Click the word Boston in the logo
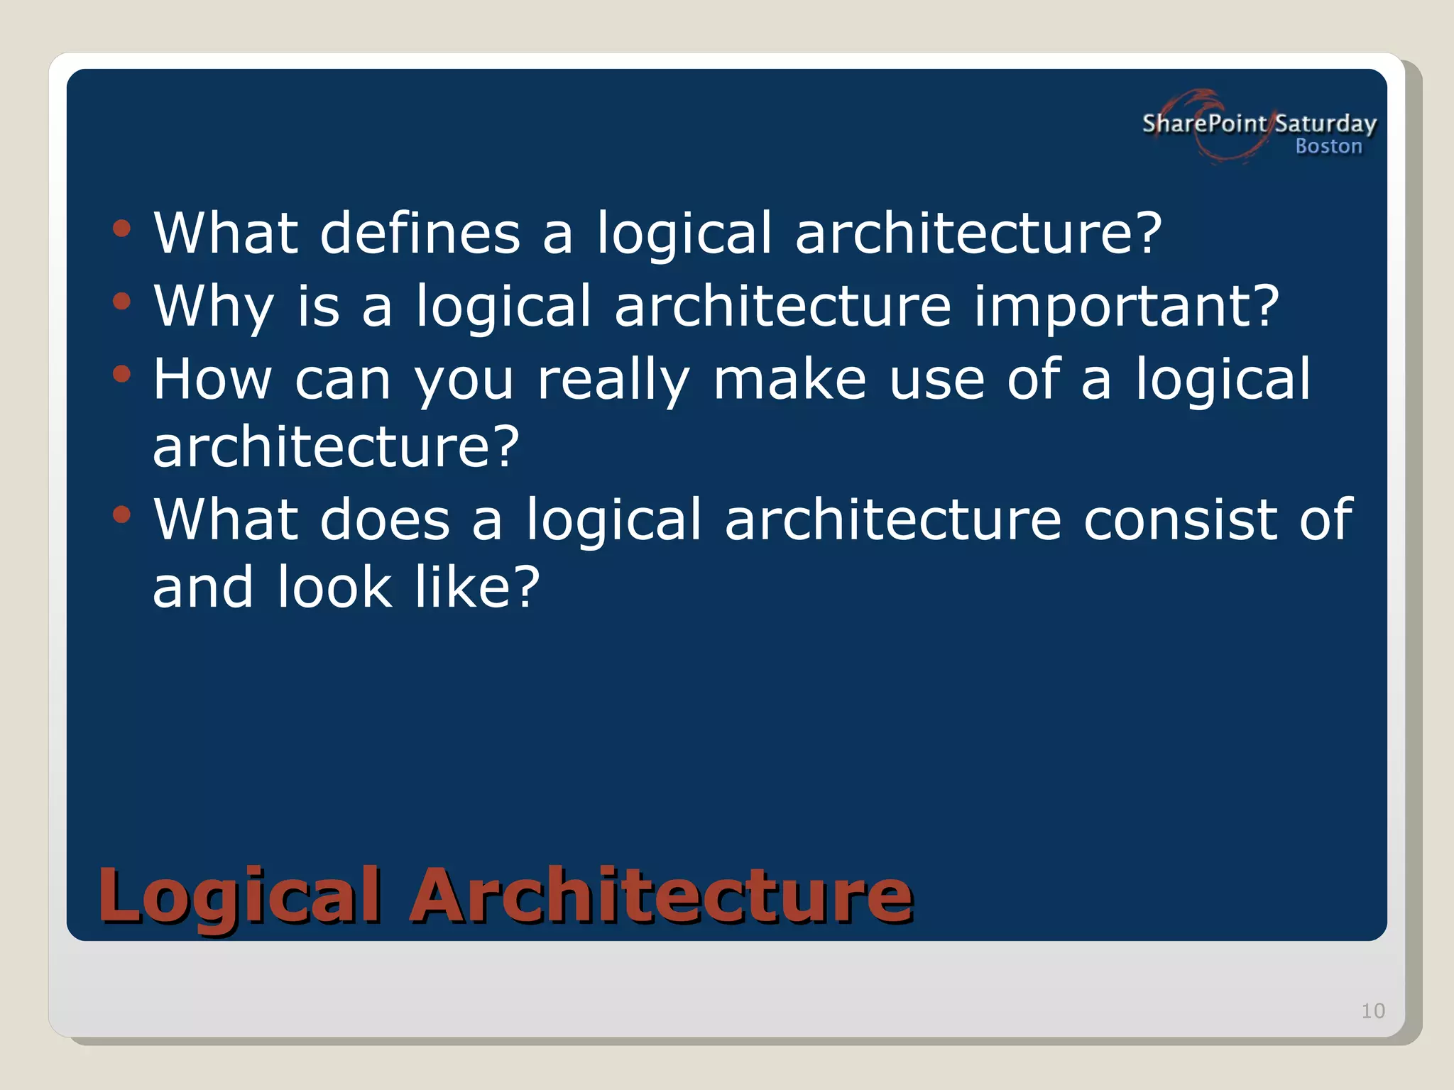tap(1328, 146)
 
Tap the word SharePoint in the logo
tap(1204, 123)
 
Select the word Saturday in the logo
tap(1325, 124)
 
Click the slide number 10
tap(1372, 1011)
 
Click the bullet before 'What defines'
tap(122, 229)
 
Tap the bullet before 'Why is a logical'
tap(122, 301)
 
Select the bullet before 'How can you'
tap(122, 373)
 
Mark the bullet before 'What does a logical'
tap(122, 514)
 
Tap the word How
tap(212, 379)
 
